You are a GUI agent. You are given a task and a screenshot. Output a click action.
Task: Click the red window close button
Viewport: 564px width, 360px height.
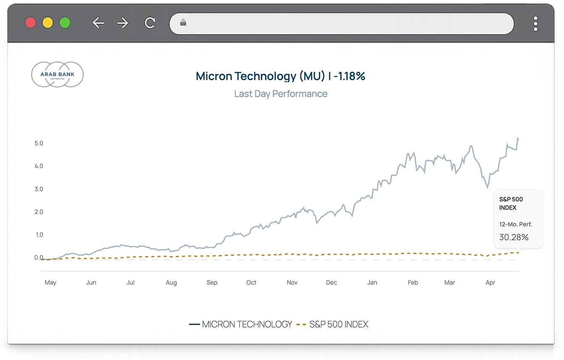coord(30,23)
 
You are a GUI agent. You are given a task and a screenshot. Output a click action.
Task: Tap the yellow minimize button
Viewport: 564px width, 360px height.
coord(47,23)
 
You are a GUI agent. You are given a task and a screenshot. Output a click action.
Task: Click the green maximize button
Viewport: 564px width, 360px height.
coord(65,23)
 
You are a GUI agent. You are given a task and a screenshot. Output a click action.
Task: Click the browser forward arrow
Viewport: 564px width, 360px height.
coord(123,23)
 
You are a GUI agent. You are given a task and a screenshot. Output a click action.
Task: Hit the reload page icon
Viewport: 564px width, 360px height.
coord(150,23)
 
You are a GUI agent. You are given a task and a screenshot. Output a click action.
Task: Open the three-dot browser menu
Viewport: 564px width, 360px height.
coord(535,24)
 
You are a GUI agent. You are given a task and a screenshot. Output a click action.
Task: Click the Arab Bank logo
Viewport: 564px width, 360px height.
coord(57,75)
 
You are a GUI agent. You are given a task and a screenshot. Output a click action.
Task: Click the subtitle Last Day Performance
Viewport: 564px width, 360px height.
coord(281,94)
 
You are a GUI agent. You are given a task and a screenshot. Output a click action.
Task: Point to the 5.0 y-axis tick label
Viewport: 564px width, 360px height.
coord(39,143)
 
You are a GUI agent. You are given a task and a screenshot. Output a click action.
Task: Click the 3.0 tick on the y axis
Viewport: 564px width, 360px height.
coord(39,189)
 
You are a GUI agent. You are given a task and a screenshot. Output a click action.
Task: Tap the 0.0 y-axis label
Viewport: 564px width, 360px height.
coord(39,257)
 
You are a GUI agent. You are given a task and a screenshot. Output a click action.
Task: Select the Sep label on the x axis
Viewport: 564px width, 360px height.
coord(212,283)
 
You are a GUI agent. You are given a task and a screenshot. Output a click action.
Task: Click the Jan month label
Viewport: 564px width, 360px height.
coord(372,283)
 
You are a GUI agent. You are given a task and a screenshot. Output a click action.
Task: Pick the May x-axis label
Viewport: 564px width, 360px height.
coord(50,283)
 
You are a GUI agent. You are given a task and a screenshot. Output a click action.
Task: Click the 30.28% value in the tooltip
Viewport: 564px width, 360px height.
coord(514,237)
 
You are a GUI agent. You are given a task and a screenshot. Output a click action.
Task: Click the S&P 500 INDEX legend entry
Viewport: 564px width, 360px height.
coord(332,324)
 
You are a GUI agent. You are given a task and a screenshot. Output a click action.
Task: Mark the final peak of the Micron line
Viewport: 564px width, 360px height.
coord(518,138)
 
